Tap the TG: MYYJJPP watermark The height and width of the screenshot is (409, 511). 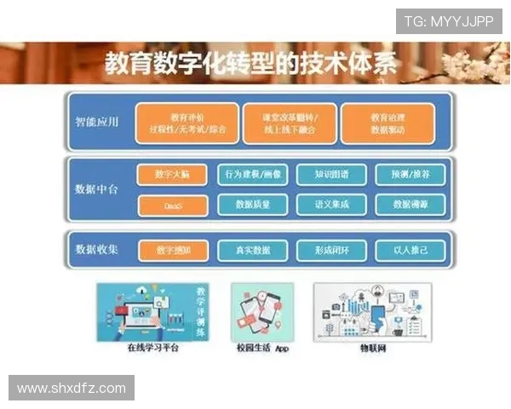tap(448, 22)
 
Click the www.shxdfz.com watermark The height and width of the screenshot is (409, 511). tap(72, 389)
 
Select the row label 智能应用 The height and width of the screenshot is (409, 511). tap(96, 122)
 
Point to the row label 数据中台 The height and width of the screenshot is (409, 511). tap(96, 189)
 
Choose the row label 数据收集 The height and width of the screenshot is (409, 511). tap(96, 251)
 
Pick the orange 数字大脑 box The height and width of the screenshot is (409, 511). tap(172, 175)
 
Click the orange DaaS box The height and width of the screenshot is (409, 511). tap(172, 205)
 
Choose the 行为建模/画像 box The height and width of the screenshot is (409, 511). tap(253, 175)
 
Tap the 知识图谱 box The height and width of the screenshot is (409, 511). tap(331, 175)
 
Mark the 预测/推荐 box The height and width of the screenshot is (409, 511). tap(411, 175)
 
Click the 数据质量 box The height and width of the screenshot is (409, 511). tap(253, 205)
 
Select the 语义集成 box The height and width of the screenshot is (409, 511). tap(331, 205)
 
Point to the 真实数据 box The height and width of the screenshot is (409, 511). tap(253, 251)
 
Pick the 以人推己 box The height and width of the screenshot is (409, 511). tap(411, 251)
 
